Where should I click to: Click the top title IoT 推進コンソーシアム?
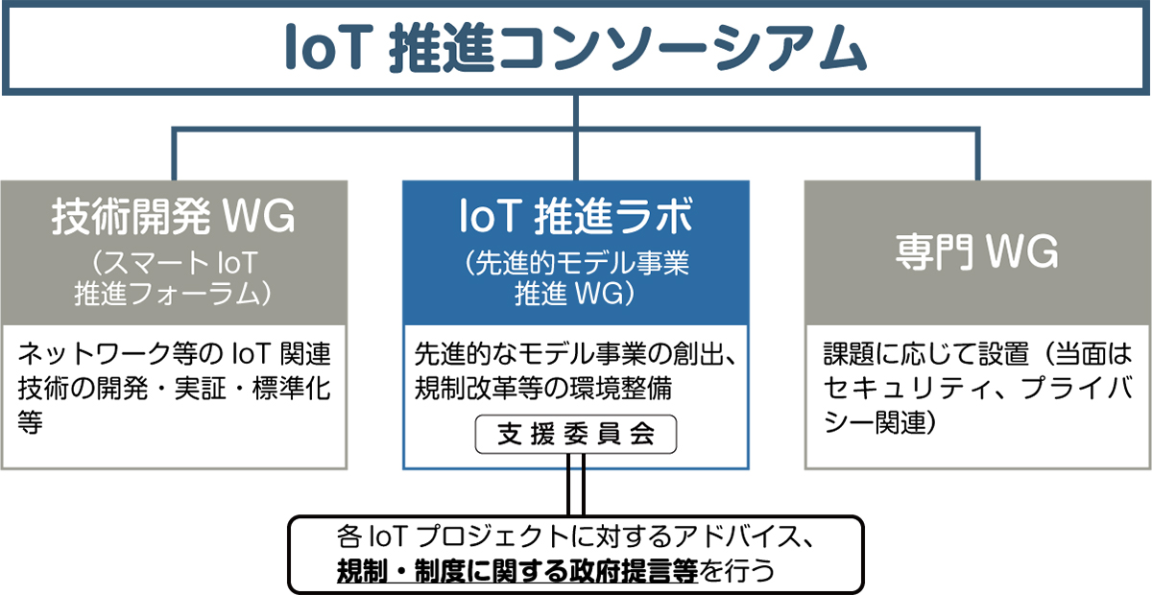575,48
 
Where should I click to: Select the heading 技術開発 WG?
174,216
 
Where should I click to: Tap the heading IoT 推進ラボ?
575,216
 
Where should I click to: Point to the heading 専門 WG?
977,252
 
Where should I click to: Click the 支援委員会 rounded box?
575,435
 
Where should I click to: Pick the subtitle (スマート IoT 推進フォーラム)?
174,278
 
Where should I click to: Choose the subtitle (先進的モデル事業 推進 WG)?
575,278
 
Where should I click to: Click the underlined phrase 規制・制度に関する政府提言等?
517,571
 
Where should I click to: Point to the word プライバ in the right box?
1076,389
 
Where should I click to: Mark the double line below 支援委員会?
575,485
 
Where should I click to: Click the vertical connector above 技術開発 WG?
175,155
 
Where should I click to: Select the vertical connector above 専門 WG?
977,155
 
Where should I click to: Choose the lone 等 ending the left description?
31,422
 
